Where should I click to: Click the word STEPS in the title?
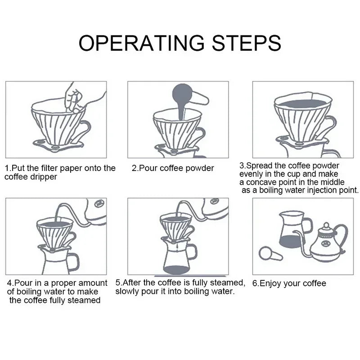coord(245,43)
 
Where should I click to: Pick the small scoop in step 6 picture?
coord(270,254)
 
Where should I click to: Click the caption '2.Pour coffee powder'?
coord(173,168)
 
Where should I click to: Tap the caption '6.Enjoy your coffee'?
coord(289,283)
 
